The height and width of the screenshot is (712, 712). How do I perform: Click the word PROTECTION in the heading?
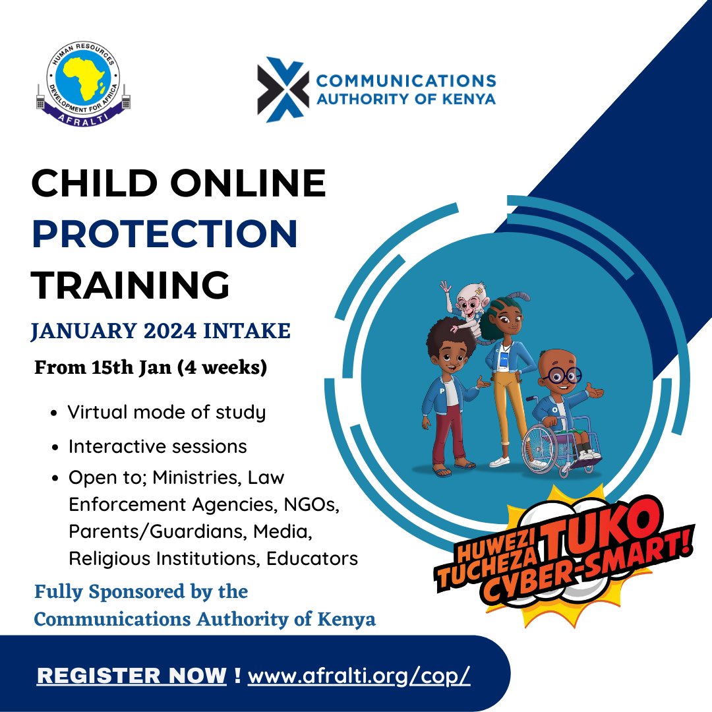[x=165, y=234]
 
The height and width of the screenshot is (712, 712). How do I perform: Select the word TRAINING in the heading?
[x=131, y=285]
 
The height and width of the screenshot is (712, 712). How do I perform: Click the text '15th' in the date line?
[x=112, y=368]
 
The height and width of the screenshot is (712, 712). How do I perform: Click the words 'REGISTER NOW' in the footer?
[x=131, y=676]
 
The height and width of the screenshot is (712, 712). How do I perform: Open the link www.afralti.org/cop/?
[x=359, y=676]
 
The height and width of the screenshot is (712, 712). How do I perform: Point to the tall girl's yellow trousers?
[x=504, y=409]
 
